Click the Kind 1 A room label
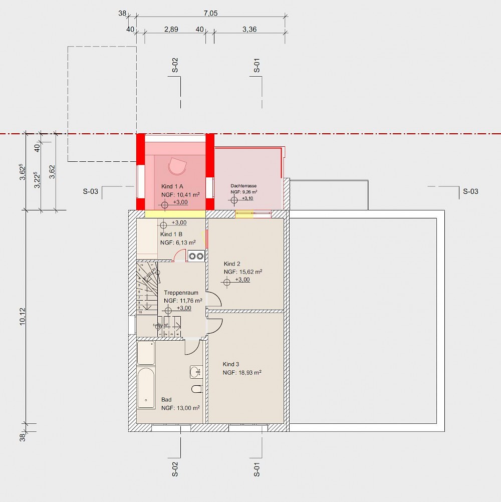coord(172,186)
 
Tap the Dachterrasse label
coord(243,185)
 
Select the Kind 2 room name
coord(232,264)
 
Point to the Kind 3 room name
coord(231,364)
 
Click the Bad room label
coord(166,400)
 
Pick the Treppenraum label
coord(181,293)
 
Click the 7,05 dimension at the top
coord(211,14)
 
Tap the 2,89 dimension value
coord(171,30)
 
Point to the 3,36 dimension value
coord(249,30)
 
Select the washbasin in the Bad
coord(195,372)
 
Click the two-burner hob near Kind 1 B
coord(196,256)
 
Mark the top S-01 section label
coord(257,66)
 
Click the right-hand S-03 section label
coord(470,191)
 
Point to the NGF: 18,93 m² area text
coord(242,373)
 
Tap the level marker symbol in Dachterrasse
coord(234,200)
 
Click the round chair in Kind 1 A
coord(176,165)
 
